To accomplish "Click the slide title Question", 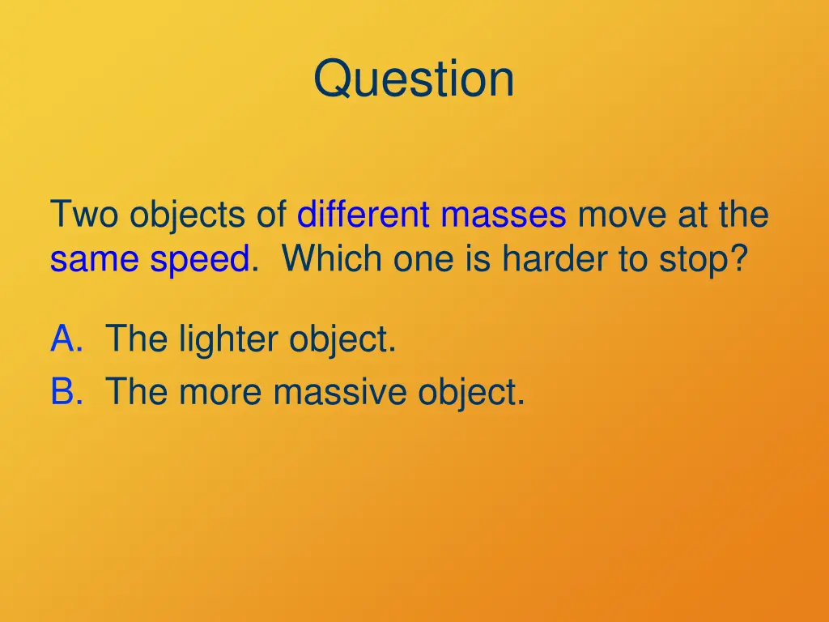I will (x=414, y=79).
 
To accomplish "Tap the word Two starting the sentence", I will (x=85, y=215).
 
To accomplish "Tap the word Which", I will (x=332, y=260).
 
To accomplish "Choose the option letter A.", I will (x=66, y=339).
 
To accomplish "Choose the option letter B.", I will (x=66, y=392).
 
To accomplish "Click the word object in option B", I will (x=471, y=394).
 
